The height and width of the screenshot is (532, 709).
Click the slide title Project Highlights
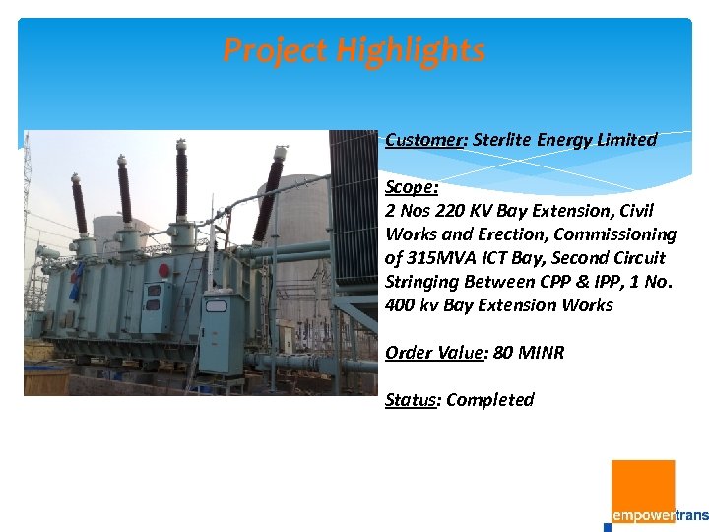pyautogui.click(x=354, y=50)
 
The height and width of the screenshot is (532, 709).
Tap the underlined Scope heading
pyautogui.click(x=412, y=187)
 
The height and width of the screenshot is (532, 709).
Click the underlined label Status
pyautogui.click(x=411, y=400)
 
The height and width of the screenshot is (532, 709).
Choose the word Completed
pyautogui.click(x=490, y=400)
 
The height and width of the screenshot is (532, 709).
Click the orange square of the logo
pyautogui.click(x=643, y=491)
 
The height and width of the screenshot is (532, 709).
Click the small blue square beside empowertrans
pyautogui.click(x=607, y=527)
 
